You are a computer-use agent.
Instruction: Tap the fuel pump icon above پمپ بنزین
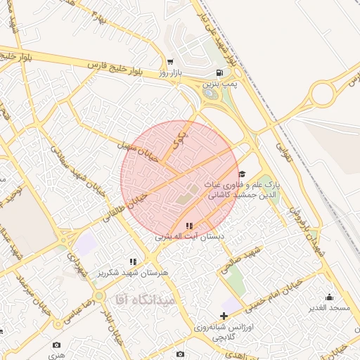coord(221,72)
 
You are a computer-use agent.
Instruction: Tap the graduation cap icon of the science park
coord(242,174)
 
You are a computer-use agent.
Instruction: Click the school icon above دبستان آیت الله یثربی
coord(188,226)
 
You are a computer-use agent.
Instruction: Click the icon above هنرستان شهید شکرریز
coord(133,262)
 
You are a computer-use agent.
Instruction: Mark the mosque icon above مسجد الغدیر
coord(329,297)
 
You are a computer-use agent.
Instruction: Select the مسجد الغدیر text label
coord(328,308)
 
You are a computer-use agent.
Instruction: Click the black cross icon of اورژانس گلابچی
coord(224,316)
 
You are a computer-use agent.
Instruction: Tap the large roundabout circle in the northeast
coord(328,94)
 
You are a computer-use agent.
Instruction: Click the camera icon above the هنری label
coord(56,345)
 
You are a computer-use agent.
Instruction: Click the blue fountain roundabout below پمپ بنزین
coord(210,93)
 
